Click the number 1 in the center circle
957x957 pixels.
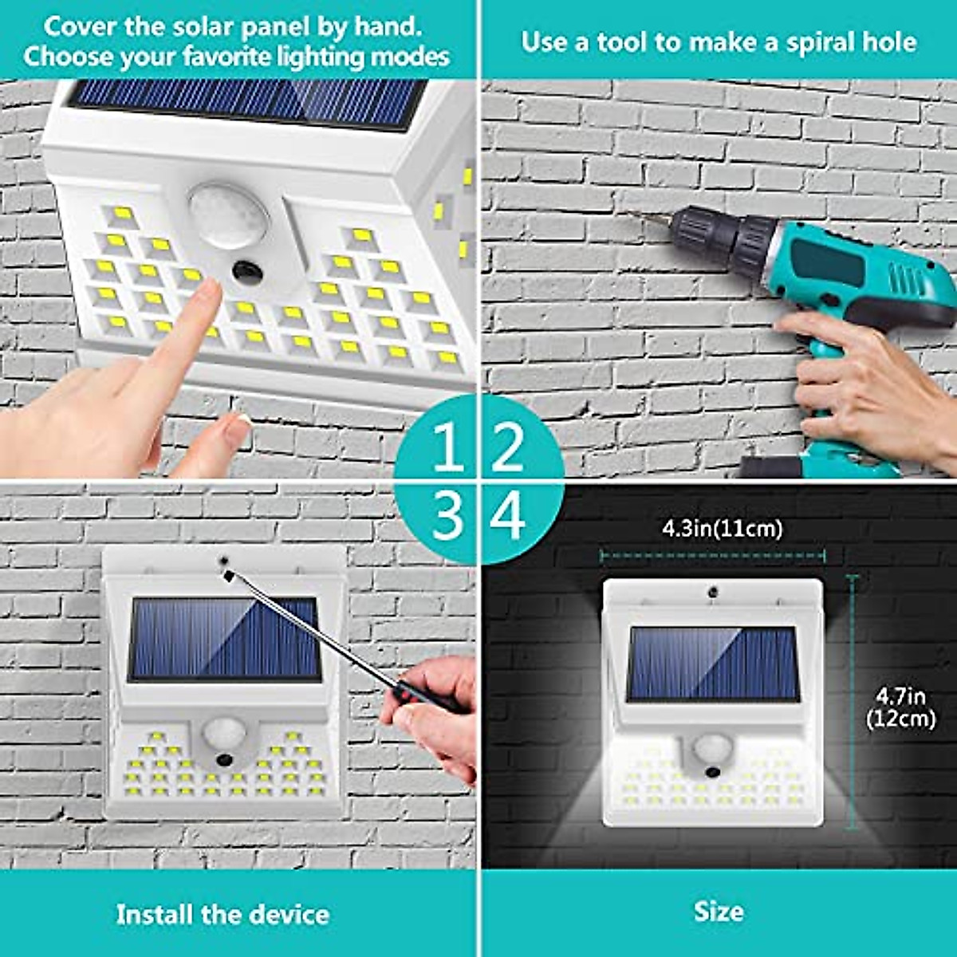447,447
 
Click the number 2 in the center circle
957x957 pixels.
507,447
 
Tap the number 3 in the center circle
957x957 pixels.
447,515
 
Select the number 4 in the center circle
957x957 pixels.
508,515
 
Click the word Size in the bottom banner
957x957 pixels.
718,912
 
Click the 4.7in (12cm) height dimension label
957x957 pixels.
900,707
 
